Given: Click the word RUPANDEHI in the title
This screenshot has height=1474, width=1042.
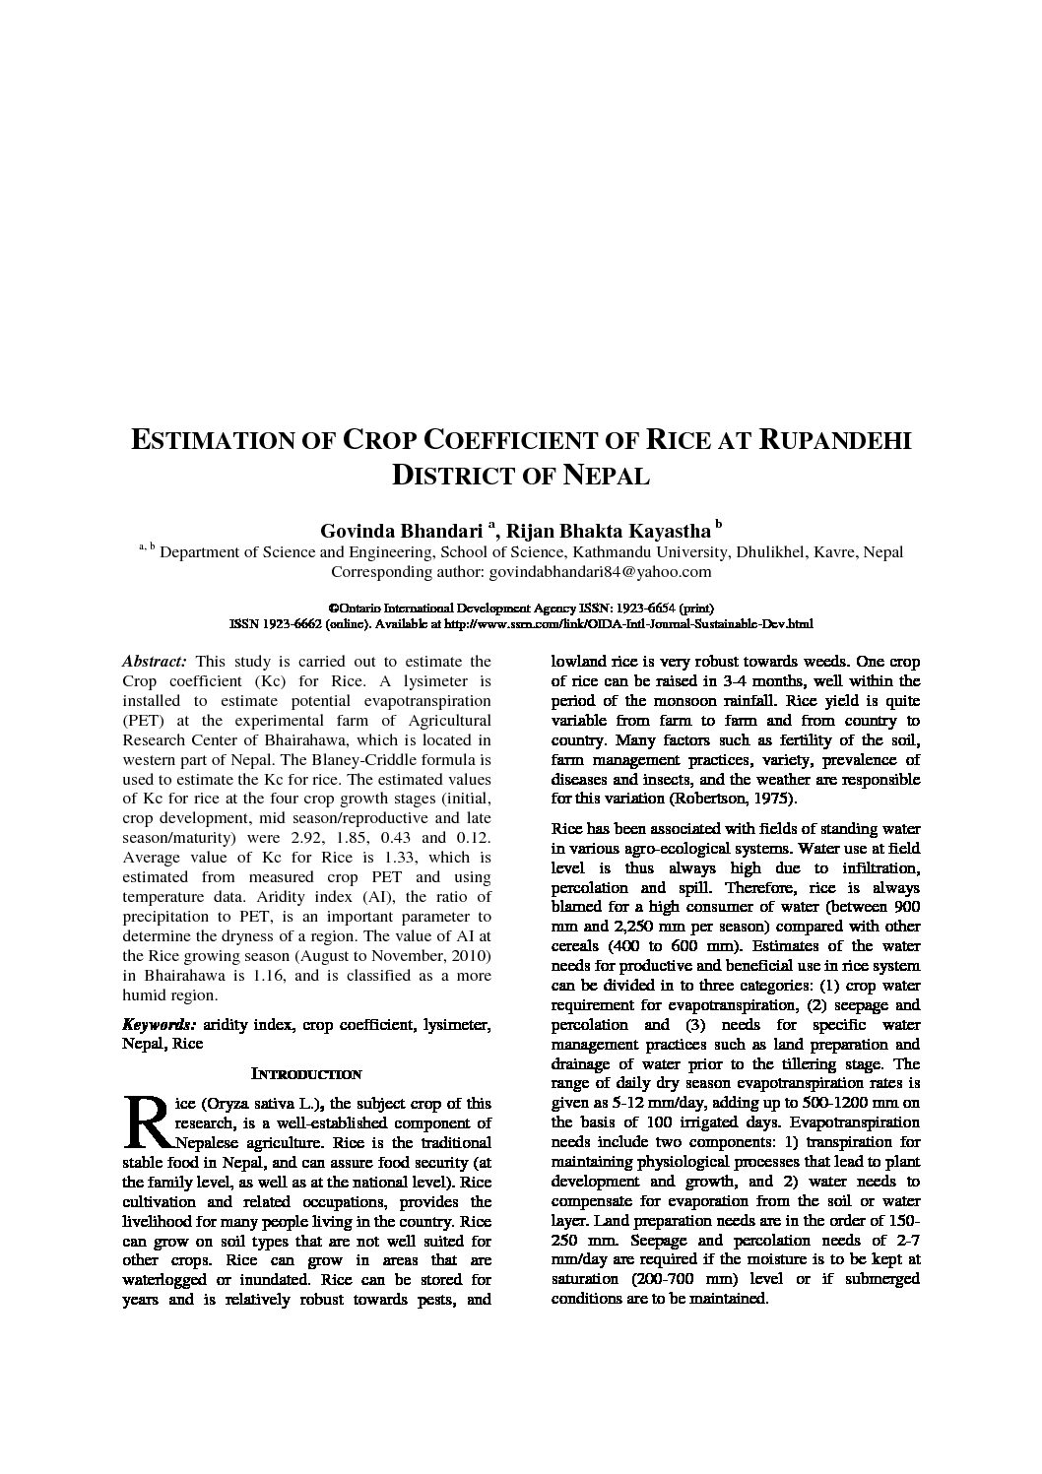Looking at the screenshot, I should (x=836, y=440).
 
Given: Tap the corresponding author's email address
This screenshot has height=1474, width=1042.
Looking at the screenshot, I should (x=600, y=572).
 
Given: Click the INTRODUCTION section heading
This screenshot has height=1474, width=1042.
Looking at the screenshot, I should (x=306, y=1074).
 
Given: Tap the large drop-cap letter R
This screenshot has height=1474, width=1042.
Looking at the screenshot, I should (x=147, y=1123).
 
